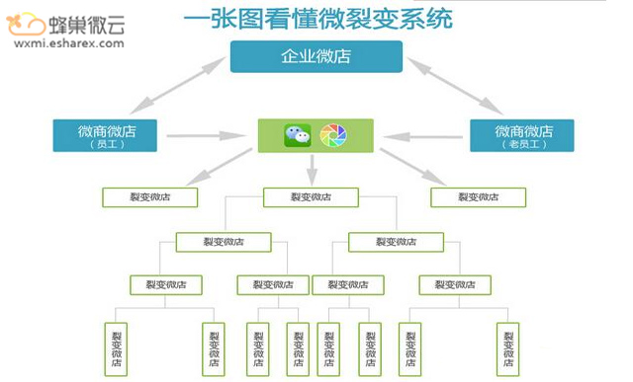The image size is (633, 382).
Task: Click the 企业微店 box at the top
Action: pos(316,57)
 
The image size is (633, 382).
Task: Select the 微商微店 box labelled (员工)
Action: pos(109,135)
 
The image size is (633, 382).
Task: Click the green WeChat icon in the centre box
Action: pos(297,135)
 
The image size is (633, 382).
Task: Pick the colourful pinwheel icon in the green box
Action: pos(334,135)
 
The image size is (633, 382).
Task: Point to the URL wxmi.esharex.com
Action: pos(64,43)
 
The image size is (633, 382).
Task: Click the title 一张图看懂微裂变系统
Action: pos(317,19)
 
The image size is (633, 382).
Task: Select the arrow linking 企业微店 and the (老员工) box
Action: pos(454,84)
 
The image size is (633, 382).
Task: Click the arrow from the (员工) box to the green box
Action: pos(209,134)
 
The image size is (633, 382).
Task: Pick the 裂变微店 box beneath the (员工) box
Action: pos(149,197)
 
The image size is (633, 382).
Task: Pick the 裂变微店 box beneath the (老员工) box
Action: pos(478,197)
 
